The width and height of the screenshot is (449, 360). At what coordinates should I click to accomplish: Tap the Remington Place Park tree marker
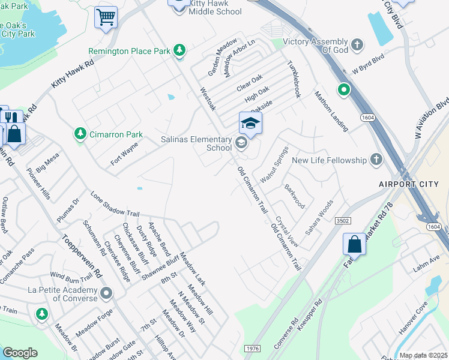tap(179, 51)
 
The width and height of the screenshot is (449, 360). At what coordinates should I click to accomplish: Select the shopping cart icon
tap(106, 18)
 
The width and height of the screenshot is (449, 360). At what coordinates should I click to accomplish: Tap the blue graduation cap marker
tap(250, 123)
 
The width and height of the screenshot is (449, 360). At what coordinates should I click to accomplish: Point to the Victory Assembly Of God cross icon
tap(357, 46)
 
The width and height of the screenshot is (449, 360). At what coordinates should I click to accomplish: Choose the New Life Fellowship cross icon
tap(376, 160)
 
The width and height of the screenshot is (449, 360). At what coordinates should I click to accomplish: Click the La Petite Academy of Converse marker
tap(106, 293)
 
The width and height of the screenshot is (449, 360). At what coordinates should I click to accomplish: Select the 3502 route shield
tap(343, 221)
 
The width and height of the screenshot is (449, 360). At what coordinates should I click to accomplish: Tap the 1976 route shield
tap(252, 348)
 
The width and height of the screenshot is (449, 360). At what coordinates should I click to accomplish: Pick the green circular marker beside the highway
tap(343, 91)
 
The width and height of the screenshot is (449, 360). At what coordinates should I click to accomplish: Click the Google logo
tap(20, 353)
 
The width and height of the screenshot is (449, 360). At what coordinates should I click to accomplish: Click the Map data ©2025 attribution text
tap(423, 355)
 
